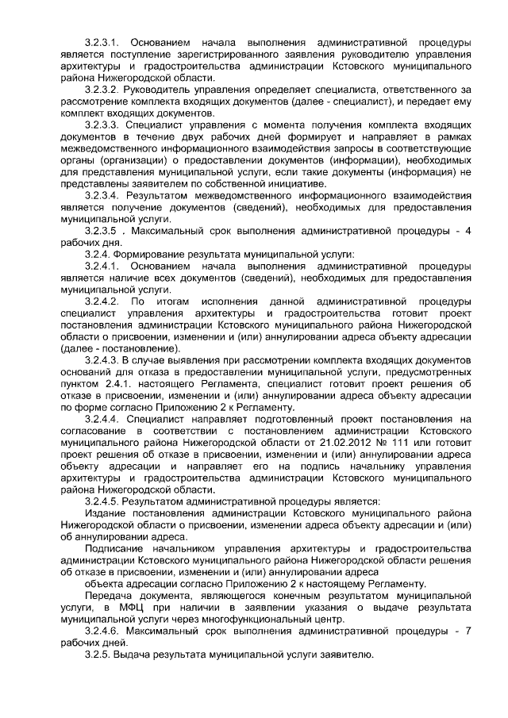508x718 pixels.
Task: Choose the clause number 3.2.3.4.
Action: pyautogui.click(x=103, y=195)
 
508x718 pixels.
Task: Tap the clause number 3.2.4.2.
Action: pyautogui.click(x=103, y=302)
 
